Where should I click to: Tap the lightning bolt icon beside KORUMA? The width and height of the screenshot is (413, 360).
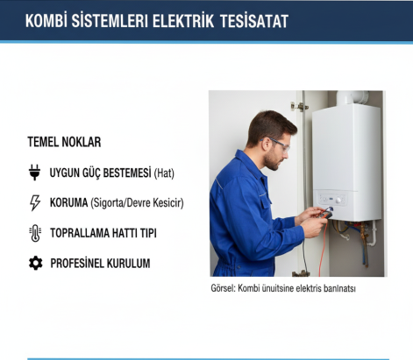(x=35, y=203)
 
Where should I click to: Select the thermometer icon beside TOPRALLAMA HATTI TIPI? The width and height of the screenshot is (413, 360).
(x=35, y=233)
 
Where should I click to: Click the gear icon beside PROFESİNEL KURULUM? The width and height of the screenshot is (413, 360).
(x=35, y=263)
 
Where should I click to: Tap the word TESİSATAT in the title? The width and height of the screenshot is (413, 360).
(x=253, y=21)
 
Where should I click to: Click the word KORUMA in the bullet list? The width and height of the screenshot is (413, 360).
(x=68, y=203)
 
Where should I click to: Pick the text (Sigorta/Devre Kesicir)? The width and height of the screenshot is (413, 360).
(x=137, y=203)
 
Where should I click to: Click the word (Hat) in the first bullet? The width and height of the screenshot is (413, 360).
(x=164, y=173)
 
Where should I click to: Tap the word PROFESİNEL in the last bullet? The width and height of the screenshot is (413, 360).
(x=80, y=263)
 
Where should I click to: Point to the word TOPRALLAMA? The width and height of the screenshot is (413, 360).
(x=85, y=233)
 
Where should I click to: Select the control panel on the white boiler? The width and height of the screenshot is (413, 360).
(x=338, y=200)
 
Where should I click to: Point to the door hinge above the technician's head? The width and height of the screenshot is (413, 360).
(x=299, y=106)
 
